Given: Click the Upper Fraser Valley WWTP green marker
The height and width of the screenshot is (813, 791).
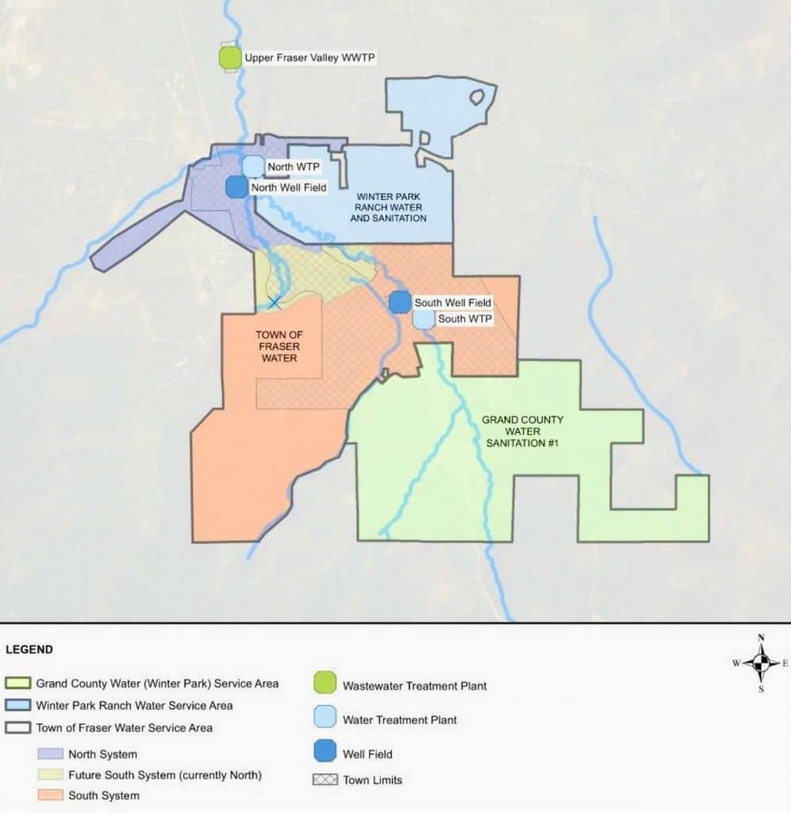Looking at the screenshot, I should pyautogui.click(x=229, y=58).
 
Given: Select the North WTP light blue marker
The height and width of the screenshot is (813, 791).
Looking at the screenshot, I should pyautogui.click(x=252, y=166).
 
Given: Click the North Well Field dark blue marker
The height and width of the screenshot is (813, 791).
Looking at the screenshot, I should pyautogui.click(x=237, y=187).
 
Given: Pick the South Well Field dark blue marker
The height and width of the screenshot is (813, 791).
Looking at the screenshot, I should pyautogui.click(x=400, y=302).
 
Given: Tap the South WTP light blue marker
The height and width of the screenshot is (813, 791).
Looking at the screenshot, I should pyautogui.click(x=424, y=319).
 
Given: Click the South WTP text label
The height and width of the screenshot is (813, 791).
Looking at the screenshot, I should pyautogui.click(x=465, y=319).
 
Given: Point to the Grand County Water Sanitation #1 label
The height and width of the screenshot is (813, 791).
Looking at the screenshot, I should pyautogui.click(x=522, y=431).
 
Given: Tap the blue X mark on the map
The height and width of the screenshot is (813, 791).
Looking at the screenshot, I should pyautogui.click(x=275, y=302).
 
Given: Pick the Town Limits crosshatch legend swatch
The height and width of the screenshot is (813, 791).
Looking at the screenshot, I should pyautogui.click(x=323, y=780).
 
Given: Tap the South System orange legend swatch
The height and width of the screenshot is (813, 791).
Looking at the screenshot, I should pyautogui.click(x=49, y=796).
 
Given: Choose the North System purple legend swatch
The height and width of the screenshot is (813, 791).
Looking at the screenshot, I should pyautogui.click(x=49, y=754).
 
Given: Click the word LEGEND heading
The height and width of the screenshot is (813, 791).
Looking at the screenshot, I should pyautogui.click(x=29, y=649).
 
